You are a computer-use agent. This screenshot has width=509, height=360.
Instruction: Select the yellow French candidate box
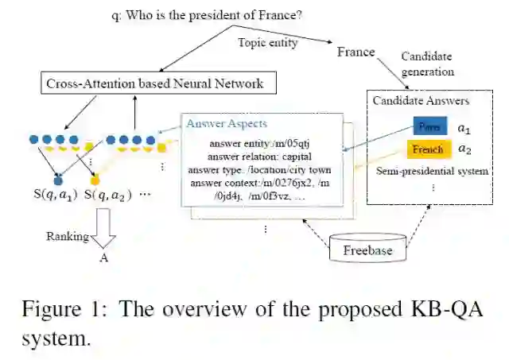click(x=428, y=149)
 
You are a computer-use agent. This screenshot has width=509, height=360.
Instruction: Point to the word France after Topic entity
click(x=356, y=52)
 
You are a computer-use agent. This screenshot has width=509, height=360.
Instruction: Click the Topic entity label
click(x=268, y=43)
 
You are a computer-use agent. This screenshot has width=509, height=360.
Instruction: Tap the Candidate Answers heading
click(x=422, y=101)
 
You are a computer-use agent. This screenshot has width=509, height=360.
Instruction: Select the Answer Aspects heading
click(x=227, y=124)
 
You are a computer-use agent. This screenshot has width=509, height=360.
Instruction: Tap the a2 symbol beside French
click(x=465, y=149)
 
